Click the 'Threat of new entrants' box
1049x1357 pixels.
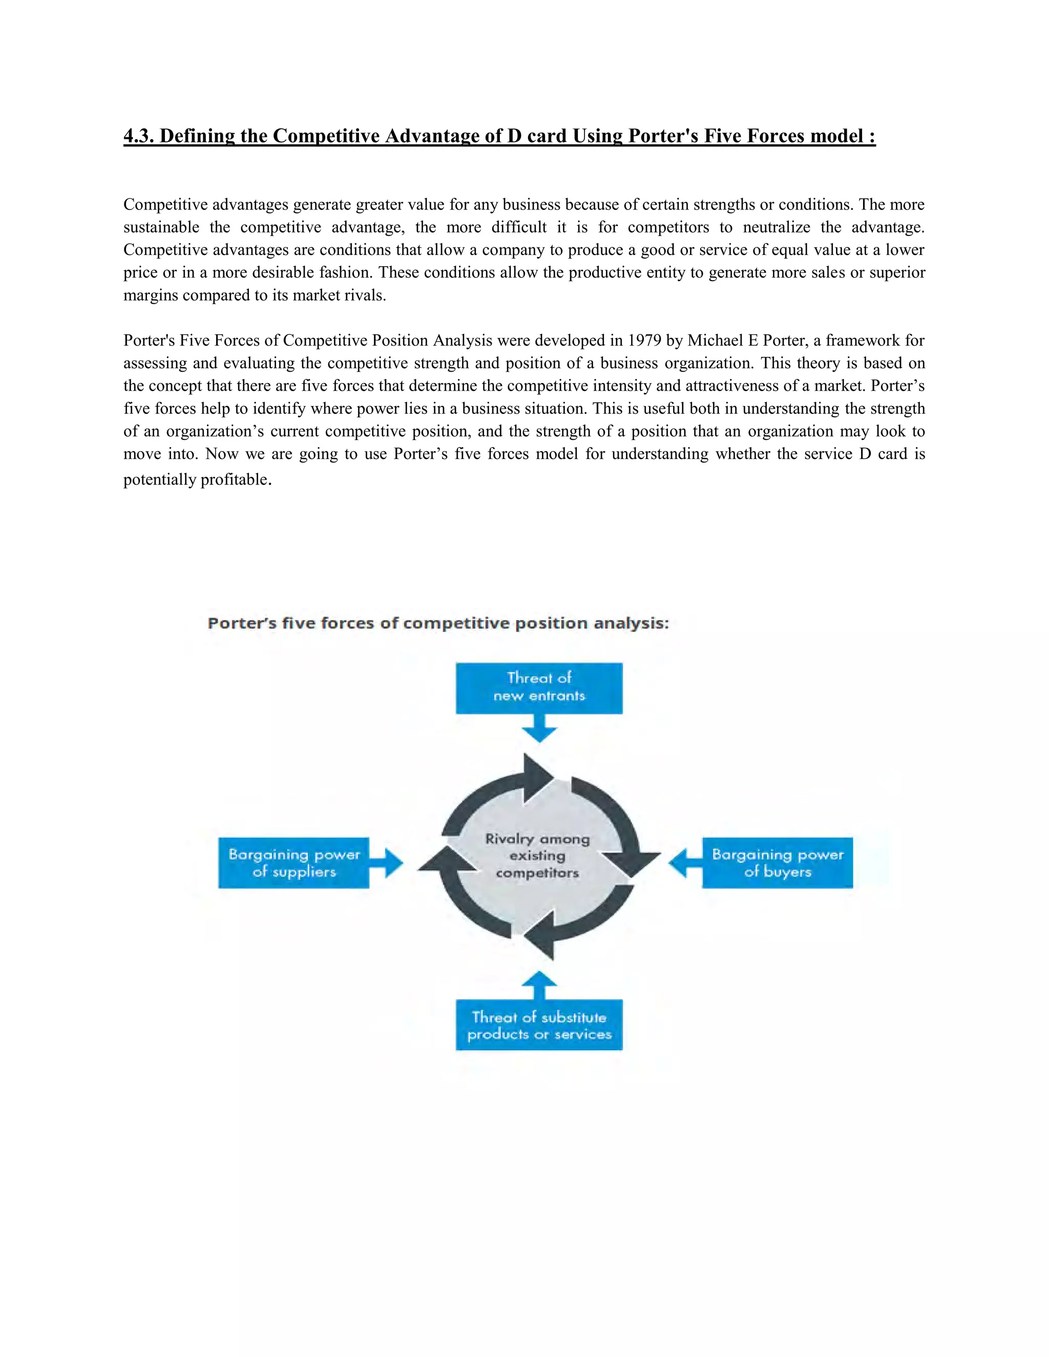(x=539, y=688)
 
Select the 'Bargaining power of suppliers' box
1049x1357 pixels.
(x=293, y=862)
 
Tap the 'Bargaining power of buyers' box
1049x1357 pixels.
(x=778, y=862)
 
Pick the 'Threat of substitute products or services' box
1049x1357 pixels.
(x=539, y=1025)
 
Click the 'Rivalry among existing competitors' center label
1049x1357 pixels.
(x=537, y=856)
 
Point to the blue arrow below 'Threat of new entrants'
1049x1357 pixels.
(x=539, y=728)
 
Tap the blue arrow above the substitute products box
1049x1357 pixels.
(x=539, y=985)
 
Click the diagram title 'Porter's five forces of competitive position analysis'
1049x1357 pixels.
(x=438, y=623)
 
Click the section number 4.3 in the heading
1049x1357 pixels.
(x=139, y=136)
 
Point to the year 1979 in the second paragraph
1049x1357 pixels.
(x=644, y=341)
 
